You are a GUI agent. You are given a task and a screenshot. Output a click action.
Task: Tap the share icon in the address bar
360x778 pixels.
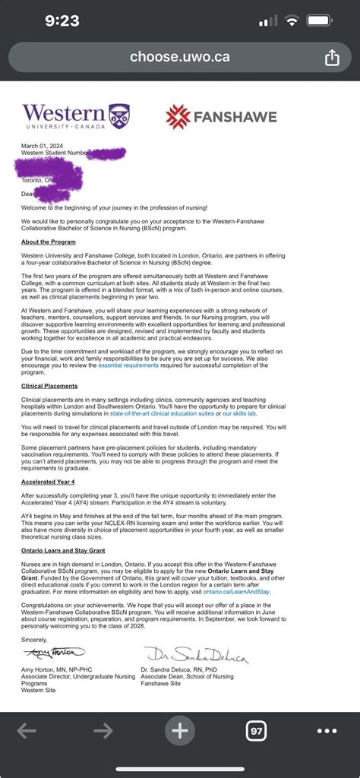tap(331, 57)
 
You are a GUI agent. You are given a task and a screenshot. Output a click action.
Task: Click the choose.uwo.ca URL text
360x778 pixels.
tap(179, 56)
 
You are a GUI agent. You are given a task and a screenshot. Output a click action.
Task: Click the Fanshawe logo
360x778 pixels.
tap(221, 116)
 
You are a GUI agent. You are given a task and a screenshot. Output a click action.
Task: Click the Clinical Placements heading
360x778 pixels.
tap(50, 386)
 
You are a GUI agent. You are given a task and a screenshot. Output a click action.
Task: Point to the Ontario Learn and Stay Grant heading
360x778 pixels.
tap(63, 551)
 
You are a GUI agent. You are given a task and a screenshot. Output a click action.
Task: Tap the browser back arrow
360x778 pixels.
tap(27, 731)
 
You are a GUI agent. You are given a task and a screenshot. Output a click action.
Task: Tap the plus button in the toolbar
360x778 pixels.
tap(180, 731)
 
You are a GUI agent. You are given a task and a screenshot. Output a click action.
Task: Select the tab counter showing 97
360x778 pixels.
tap(256, 731)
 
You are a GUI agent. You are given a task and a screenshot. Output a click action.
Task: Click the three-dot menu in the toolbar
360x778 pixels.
tap(327, 731)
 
